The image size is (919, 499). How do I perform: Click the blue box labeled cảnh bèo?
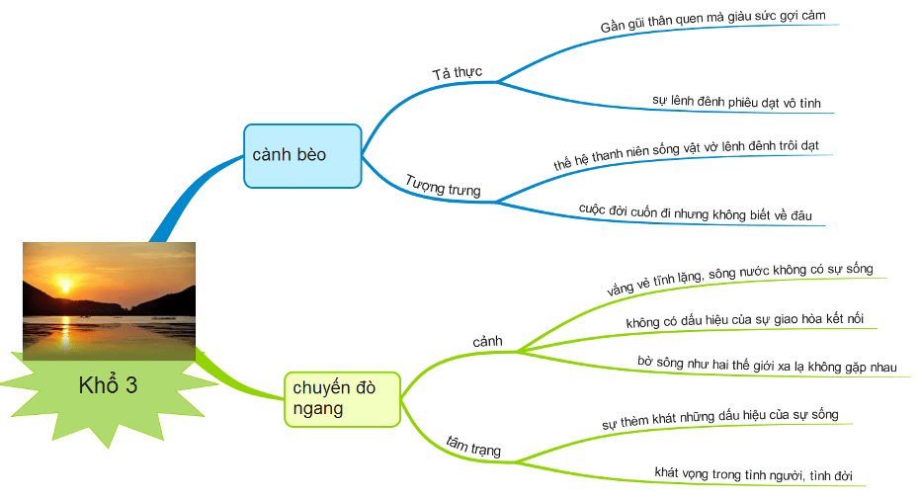tap(302, 155)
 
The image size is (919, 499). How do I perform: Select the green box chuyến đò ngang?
tap(342, 398)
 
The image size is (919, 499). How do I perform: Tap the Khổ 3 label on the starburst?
tap(108, 385)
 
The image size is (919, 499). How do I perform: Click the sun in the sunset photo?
tap(66, 285)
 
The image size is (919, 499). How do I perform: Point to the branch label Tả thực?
tap(456, 73)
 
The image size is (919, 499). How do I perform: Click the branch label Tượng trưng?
tap(443, 185)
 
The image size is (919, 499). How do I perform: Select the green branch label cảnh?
tap(488, 342)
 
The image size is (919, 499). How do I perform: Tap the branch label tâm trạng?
tap(473, 446)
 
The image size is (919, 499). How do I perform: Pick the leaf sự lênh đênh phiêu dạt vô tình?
tap(736, 102)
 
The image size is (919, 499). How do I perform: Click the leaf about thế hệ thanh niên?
tap(686, 158)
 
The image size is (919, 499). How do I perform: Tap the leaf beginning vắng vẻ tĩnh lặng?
tap(739, 280)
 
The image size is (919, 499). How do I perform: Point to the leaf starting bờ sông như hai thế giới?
tap(767, 365)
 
